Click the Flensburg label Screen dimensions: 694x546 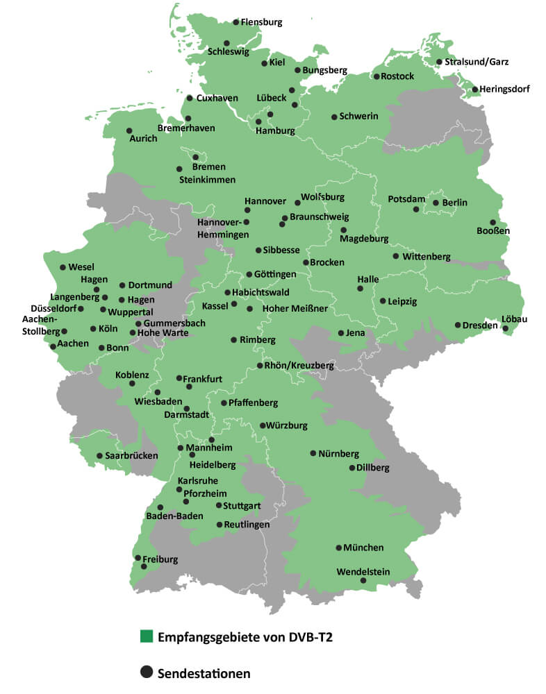[261, 22]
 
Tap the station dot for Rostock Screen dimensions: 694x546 [377, 76]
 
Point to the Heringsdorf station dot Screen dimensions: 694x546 [475, 89]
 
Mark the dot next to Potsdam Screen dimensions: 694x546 [416, 209]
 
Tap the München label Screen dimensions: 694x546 [363, 548]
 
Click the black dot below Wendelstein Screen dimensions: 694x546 [363, 580]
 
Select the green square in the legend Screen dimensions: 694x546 [146, 636]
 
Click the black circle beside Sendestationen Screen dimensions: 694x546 [146, 672]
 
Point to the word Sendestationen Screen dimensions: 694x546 [204, 672]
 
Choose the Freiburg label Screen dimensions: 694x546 [160, 559]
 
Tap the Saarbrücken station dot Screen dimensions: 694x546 [99, 456]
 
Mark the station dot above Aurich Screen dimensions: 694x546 [129, 130]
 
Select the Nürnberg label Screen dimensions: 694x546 [339, 454]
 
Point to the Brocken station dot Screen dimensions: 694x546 [306, 262]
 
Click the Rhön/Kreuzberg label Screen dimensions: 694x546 [299, 365]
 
